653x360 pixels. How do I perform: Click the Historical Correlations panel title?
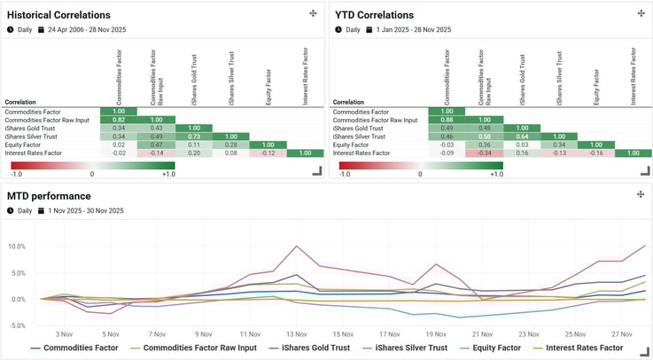(58, 15)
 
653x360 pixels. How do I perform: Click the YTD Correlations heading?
(373, 15)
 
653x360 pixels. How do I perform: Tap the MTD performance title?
(49, 195)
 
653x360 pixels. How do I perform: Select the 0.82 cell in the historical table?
(119, 120)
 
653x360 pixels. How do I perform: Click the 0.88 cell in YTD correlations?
(447, 120)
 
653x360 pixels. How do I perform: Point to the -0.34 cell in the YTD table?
(484, 153)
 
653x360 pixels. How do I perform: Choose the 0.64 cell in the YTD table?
(522, 137)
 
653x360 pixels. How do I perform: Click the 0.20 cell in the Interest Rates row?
(194, 153)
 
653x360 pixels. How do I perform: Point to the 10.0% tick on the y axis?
(16, 246)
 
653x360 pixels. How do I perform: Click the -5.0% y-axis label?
(16, 325)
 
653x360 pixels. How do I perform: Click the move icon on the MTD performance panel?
(641, 194)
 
